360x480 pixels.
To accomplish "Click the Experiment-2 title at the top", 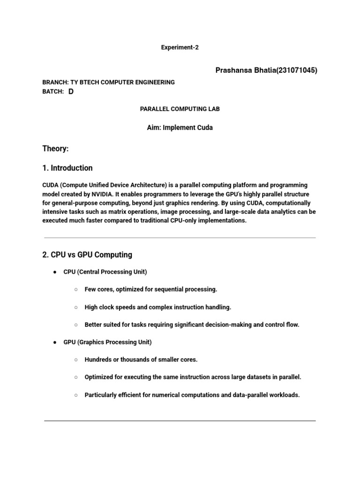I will [180, 48].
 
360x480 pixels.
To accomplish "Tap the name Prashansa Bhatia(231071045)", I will [266, 70].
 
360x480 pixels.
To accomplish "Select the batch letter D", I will [71, 92].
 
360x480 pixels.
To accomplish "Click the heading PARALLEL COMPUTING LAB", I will [180, 109].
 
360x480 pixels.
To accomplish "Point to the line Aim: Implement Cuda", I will [180, 127].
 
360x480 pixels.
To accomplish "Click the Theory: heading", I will [55, 149].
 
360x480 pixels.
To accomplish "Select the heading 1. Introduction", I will [67, 168].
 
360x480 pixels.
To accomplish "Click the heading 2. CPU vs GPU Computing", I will [87, 255].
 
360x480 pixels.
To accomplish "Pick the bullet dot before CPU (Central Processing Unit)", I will [55, 272].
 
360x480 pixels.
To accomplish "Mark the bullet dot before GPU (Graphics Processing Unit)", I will [55, 343].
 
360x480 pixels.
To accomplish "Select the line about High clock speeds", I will [157, 307].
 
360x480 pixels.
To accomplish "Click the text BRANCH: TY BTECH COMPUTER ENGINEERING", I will [108, 82].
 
